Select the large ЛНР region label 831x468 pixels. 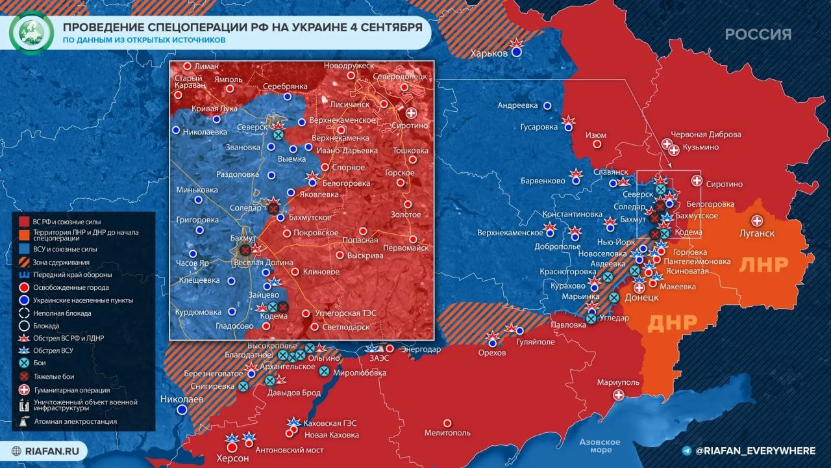[x=764, y=265]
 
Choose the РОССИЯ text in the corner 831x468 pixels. [x=758, y=34]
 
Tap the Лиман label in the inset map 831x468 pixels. [x=206, y=66]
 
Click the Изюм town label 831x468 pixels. [x=596, y=135]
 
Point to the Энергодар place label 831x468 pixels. [x=421, y=349]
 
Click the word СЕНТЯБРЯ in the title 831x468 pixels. [x=379, y=27]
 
